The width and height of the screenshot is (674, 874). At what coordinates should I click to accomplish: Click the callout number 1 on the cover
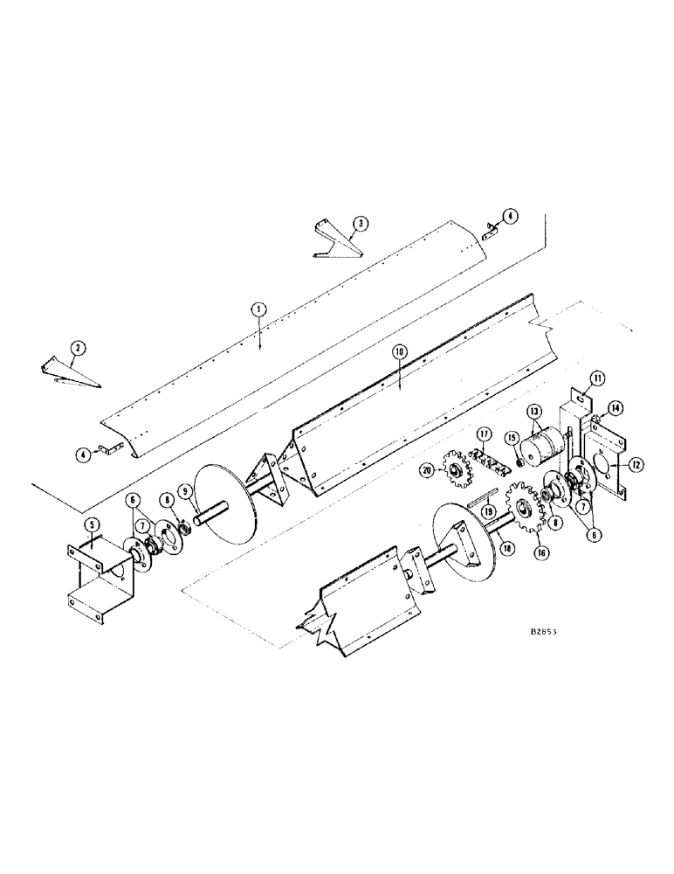pyautogui.click(x=258, y=309)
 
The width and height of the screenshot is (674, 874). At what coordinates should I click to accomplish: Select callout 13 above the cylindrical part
pyautogui.click(x=534, y=411)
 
